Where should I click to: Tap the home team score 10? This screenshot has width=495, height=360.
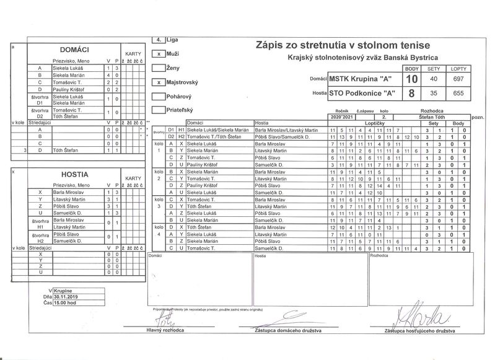pyautogui.click(x=412, y=79)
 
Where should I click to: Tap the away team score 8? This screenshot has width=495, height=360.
pyautogui.click(x=412, y=94)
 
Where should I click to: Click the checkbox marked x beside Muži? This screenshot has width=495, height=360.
pyautogui.click(x=159, y=54)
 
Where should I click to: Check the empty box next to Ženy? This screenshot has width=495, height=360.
pyautogui.click(x=159, y=68)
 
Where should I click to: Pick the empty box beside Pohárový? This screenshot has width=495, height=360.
pyautogui.click(x=159, y=97)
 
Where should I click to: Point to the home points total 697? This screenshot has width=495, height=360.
pyautogui.click(x=458, y=79)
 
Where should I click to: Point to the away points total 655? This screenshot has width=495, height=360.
pyautogui.click(x=458, y=94)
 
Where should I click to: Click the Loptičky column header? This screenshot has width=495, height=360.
pyautogui.click(x=372, y=123)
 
